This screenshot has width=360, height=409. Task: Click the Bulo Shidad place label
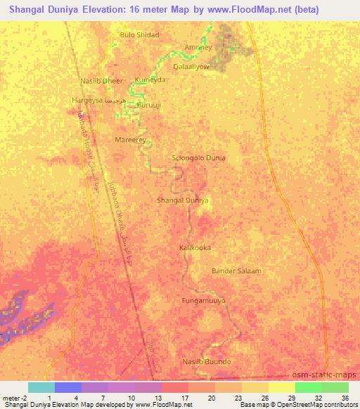pos(140,34)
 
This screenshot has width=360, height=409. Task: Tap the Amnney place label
pos(198,48)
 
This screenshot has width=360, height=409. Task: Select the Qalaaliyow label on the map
pos(191,65)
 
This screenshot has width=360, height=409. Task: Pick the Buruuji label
pos(148,105)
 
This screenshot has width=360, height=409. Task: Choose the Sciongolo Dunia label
pos(199,158)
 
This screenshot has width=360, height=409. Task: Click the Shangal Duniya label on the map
pos(183,200)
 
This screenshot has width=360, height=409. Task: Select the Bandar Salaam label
pos(236,271)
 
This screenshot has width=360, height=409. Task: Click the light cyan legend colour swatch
pos(41,387)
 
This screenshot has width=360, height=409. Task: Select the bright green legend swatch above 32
pos(308,387)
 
